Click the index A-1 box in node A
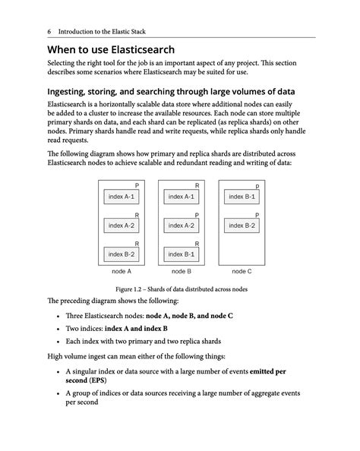tap(121, 197)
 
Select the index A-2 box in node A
tap(121, 225)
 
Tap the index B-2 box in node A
tap(121, 254)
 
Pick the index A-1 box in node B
tap(181, 197)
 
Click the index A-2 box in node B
tap(181, 225)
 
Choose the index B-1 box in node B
tap(181, 254)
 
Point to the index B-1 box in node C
tap(242, 197)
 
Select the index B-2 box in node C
tap(242, 225)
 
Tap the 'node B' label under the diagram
tap(181, 271)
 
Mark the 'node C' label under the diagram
tap(242, 271)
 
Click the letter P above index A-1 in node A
tap(137, 185)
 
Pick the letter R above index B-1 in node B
tap(197, 243)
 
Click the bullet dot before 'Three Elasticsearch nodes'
tap(58, 315)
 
